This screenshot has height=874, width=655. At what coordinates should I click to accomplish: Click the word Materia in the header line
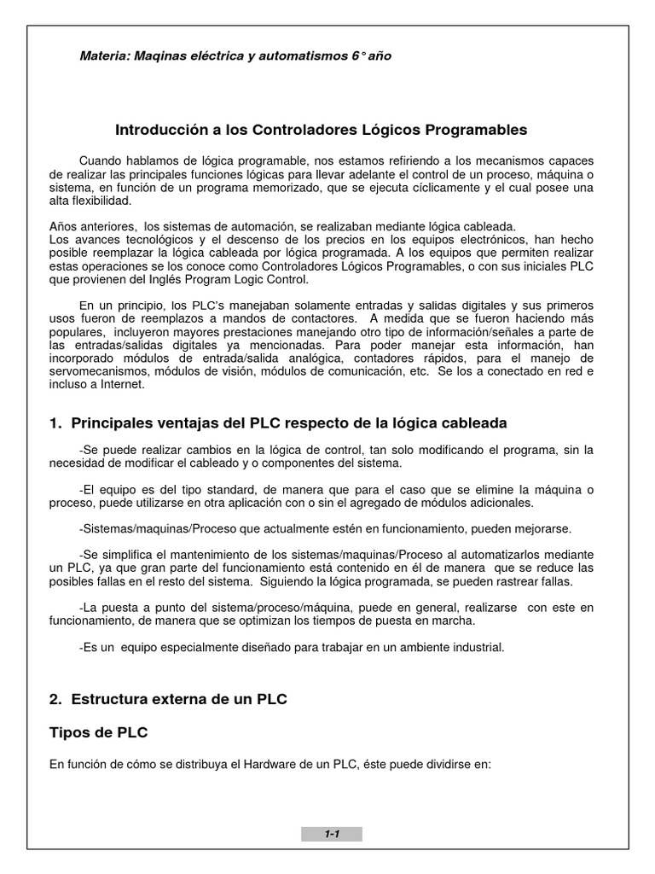(102, 55)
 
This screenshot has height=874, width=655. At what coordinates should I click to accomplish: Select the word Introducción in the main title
(157, 130)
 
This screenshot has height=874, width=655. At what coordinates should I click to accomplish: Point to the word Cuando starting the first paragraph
(101, 161)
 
